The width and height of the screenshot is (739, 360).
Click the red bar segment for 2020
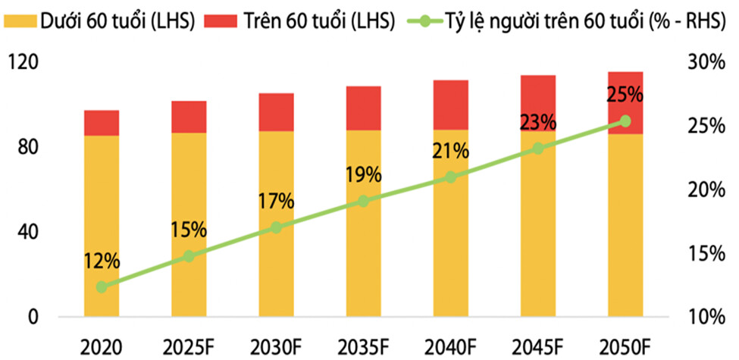pyautogui.click(x=102, y=123)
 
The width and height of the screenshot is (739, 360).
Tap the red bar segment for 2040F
pyautogui.click(x=450, y=105)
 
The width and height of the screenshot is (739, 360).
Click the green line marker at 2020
pyautogui.click(x=102, y=286)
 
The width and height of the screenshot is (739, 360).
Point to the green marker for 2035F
pyautogui.click(x=363, y=201)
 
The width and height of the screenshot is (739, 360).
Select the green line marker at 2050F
pyautogui.click(x=625, y=121)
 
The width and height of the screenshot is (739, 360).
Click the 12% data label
pyautogui.click(x=102, y=261)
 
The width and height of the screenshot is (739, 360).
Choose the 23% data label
pyautogui.click(x=537, y=122)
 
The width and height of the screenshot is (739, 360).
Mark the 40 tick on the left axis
pyautogui.click(x=27, y=232)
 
